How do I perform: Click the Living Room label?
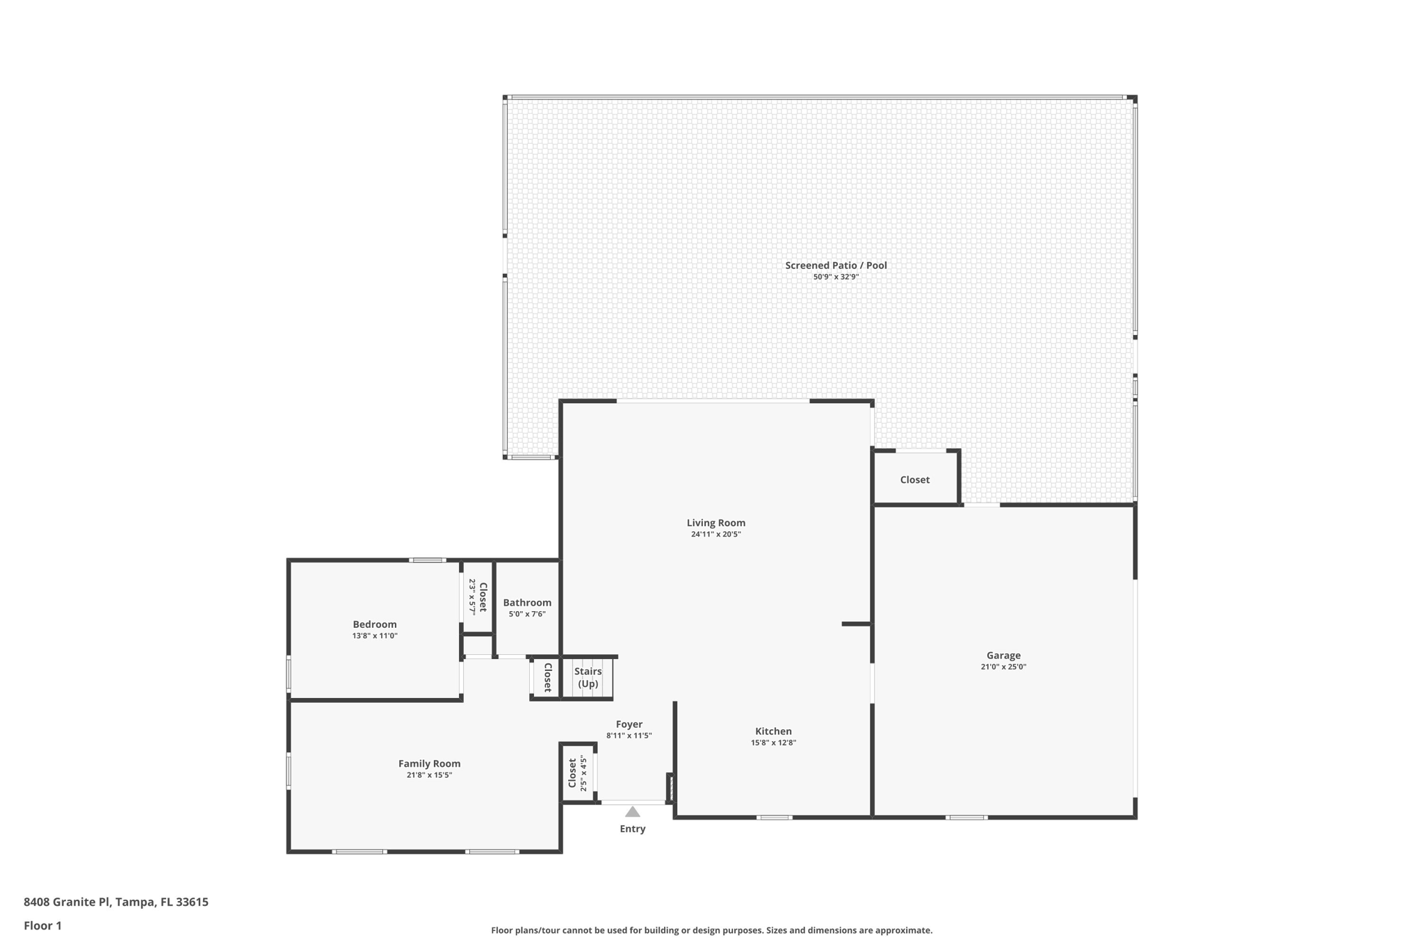715,523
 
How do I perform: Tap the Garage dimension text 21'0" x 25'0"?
1003,667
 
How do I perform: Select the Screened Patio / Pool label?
836,265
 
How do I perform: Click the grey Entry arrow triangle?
632,811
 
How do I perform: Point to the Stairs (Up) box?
588,678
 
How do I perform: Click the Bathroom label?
527,603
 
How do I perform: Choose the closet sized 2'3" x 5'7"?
478,597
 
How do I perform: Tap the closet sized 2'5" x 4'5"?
578,772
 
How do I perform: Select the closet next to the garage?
914,480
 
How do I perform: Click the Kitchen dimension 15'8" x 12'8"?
773,743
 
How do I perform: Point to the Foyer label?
629,724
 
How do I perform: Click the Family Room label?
429,763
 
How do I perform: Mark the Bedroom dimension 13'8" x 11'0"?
375,635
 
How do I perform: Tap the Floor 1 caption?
42,925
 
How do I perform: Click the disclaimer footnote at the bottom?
711,930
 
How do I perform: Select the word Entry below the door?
632,829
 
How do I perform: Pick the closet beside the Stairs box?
547,677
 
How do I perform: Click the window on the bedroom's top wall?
427,560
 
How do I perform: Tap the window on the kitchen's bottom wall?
774,818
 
